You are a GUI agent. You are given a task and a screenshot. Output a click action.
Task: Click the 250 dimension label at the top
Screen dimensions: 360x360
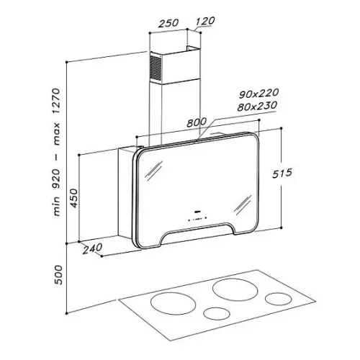[168, 23]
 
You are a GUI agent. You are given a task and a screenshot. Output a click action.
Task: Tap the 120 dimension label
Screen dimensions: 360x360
[205, 21]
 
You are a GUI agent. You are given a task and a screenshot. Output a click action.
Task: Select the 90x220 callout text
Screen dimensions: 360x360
[258, 94]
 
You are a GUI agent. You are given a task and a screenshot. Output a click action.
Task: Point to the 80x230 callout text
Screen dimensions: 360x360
[257, 106]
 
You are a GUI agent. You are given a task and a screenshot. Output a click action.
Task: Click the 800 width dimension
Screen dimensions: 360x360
[197, 122]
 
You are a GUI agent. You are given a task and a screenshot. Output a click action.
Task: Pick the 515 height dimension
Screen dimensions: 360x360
[282, 174]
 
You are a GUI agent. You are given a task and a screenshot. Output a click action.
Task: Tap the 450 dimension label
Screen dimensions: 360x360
[74, 198]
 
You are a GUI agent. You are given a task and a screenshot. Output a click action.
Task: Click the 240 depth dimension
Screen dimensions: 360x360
[92, 248]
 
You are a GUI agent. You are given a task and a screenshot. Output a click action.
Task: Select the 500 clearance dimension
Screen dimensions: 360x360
[58, 275]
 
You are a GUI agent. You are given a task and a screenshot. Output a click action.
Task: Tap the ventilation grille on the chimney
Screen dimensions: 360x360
[156, 67]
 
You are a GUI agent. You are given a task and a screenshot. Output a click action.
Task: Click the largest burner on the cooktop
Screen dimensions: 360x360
[235, 289]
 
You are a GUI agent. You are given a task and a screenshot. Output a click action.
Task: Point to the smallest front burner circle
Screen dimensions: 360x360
[217, 313]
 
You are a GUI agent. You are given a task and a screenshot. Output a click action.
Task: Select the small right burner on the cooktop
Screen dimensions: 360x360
[279, 299]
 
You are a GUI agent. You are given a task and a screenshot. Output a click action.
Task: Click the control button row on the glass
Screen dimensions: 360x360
[197, 219]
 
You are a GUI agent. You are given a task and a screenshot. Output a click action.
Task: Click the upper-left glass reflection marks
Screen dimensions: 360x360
[153, 171]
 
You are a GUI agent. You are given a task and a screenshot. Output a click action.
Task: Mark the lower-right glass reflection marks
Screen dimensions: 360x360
[243, 205]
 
